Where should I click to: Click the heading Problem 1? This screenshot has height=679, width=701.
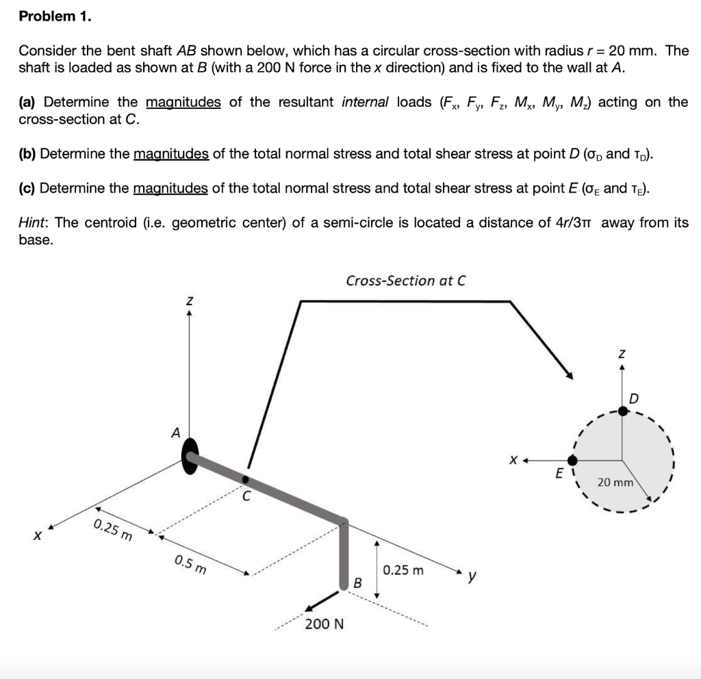(54, 17)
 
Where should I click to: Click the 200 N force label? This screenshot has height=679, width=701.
(324, 624)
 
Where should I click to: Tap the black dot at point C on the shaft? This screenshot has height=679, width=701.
(245, 479)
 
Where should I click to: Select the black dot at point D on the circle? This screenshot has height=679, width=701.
(622, 411)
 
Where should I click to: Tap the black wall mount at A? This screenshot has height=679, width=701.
(190, 456)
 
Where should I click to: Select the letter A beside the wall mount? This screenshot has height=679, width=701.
(176, 433)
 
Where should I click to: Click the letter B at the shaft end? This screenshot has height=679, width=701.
(357, 583)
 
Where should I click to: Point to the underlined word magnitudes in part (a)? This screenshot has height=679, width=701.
(183, 102)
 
